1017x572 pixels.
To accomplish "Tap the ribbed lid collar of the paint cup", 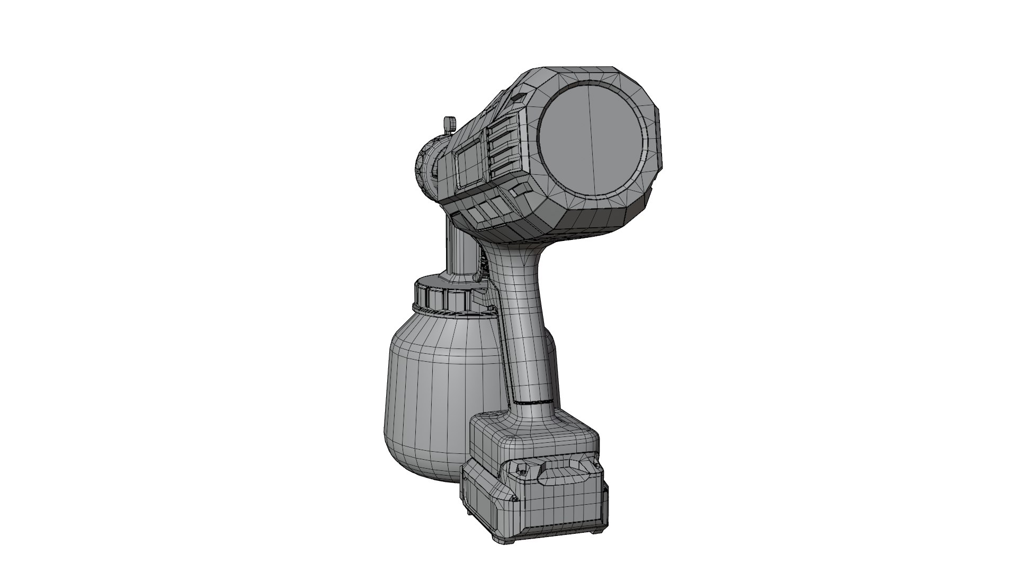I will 442,299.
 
